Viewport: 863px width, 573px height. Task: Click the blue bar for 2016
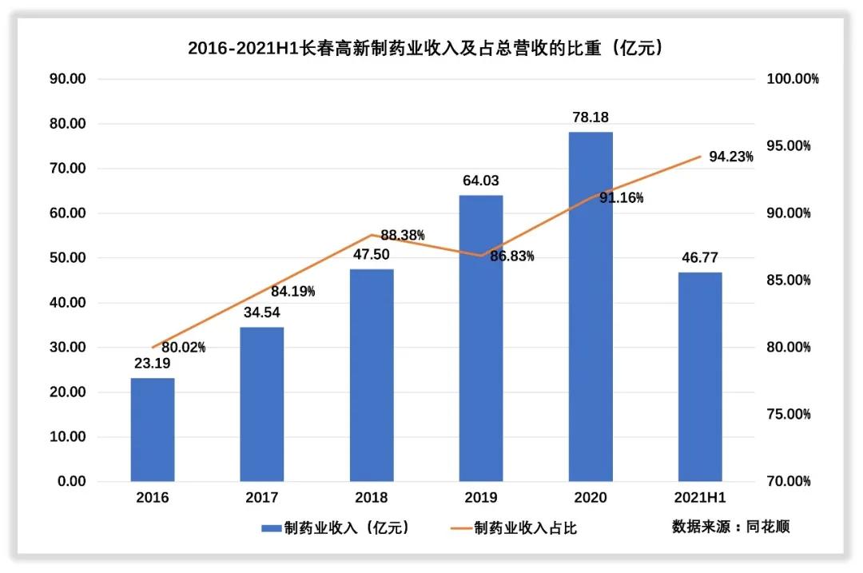click(153, 430)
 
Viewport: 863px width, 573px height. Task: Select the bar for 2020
click(591, 307)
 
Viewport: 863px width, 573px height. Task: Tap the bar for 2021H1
click(700, 377)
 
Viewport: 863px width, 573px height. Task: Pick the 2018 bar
click(372, 376)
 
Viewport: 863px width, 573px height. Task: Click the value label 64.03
click(481, 181)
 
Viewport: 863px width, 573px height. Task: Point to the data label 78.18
click(591, 117)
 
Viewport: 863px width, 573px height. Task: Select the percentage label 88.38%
click(403, 235)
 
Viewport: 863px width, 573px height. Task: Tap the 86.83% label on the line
click(512, 256)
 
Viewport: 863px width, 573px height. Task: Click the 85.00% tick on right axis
click(789, 281)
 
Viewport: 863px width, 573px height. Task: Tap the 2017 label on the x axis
click(262, 498)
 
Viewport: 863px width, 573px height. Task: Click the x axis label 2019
click(481, 498)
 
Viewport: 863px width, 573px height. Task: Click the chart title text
click(427, 48)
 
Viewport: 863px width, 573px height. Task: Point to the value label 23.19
click(153, 364)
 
